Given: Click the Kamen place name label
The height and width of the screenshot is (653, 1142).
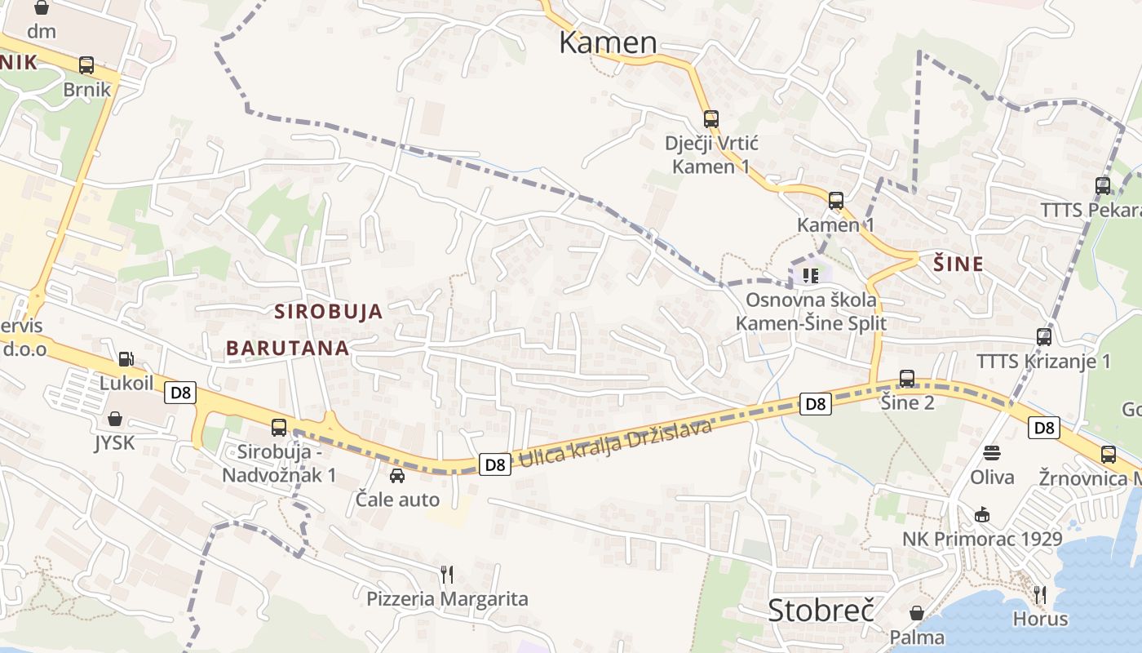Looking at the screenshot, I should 608,42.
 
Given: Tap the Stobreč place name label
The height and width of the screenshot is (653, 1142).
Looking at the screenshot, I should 821,611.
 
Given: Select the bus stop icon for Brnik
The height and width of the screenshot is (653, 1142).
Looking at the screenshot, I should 86,65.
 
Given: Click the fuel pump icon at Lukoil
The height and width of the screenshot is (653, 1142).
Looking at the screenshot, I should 126,358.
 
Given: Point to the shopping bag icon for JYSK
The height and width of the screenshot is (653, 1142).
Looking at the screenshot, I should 115,419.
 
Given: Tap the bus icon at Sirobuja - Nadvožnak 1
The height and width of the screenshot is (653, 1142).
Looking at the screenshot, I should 279,427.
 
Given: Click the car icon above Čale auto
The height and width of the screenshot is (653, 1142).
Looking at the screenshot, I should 397,475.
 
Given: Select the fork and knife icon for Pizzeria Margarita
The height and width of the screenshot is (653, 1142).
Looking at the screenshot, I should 446,575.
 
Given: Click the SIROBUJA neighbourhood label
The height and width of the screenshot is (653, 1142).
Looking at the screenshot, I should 329,311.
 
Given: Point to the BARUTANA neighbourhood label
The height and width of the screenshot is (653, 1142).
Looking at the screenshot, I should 288,349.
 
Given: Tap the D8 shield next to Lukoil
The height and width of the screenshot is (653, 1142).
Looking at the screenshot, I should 180,393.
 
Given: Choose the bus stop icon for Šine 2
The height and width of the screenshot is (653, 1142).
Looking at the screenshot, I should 906,379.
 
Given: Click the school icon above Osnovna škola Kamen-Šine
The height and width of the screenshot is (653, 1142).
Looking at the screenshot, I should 809,275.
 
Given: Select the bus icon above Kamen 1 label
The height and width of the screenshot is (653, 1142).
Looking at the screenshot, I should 835,201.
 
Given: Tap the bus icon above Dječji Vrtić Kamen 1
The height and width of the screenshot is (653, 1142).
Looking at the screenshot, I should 710,119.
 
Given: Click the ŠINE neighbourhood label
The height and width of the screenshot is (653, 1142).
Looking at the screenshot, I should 958,264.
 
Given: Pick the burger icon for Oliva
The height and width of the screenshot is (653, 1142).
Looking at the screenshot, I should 992,453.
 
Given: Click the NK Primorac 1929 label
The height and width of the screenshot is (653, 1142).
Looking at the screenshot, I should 982,540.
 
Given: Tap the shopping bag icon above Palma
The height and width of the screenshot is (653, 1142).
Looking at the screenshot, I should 917,613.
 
